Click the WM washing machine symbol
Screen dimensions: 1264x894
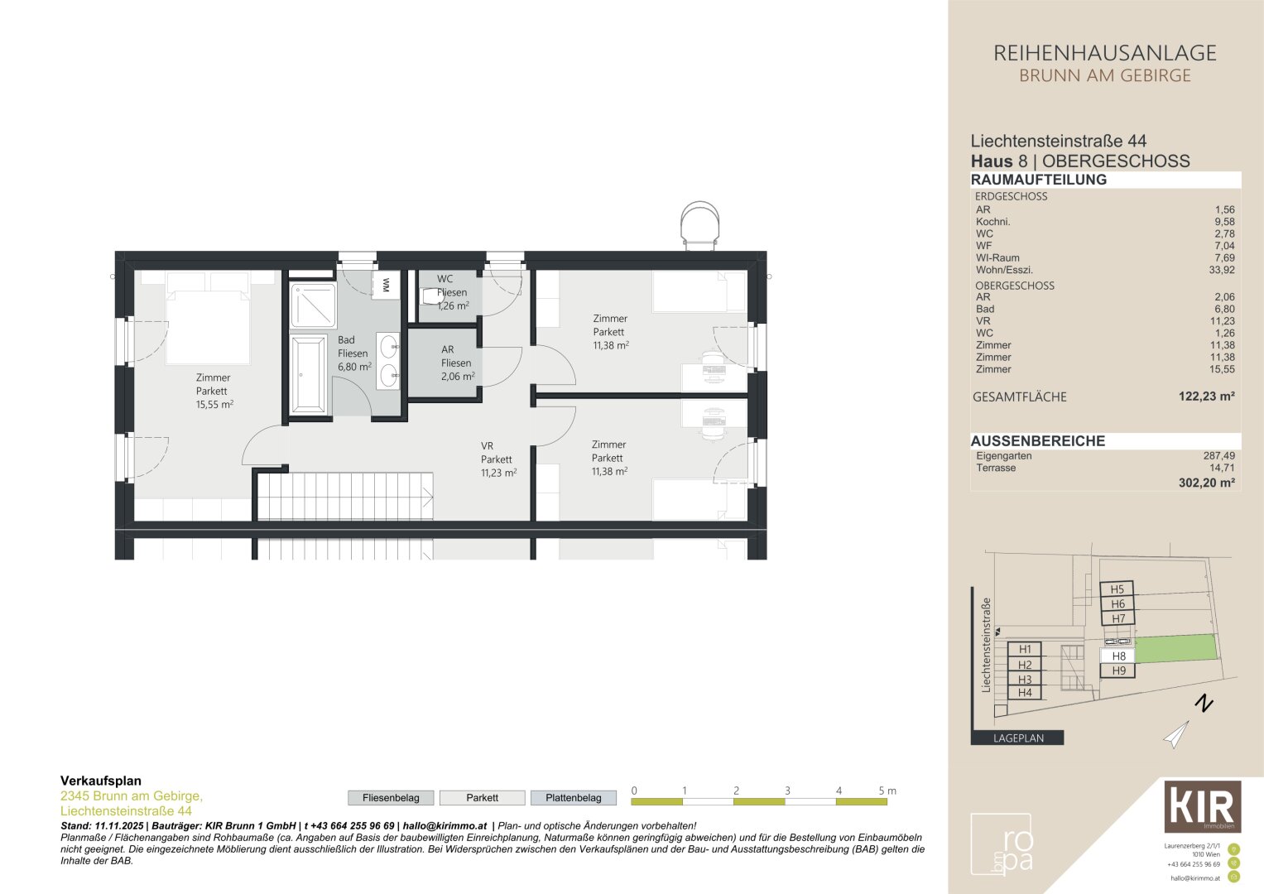coord(386,285)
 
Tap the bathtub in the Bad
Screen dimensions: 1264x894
coord(309,374)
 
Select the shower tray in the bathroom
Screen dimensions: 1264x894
coord(313,305)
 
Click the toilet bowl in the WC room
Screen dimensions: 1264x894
coord(431,296)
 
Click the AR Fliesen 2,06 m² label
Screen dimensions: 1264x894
coord(457,363)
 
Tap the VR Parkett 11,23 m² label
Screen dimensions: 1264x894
coord(498,459)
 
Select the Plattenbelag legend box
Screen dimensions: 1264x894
coord(574,797)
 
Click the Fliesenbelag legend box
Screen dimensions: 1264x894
coord(391,797)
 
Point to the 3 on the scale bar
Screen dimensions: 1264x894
coord(787,791)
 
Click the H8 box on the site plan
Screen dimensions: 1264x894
coord(1117,656)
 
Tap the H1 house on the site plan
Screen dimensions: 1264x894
coord(1025,650)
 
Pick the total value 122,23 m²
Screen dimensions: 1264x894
coord(1206,397)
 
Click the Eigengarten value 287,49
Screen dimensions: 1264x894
coord(1218,455)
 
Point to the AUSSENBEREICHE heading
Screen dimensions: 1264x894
coord(1038,440)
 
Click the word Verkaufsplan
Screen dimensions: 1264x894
coord(101,781)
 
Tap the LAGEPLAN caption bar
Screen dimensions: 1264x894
coord(1017,738)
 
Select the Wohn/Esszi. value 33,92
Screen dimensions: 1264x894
coord(1221,270)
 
